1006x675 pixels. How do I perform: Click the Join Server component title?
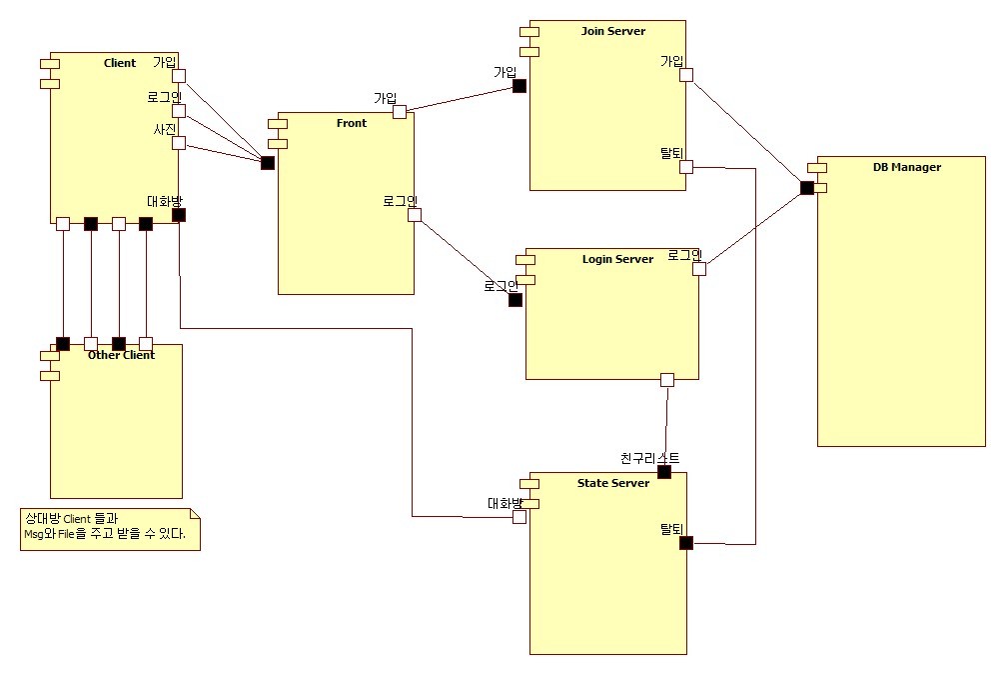[612, 31]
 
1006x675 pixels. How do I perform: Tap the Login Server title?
[617, 259]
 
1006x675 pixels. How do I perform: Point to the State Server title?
[613, 483]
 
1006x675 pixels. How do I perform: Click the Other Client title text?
[121, 355]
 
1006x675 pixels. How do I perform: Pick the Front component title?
[352, 123]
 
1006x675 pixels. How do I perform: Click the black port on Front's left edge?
[268, 163]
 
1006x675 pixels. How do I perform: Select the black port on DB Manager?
[807, 188]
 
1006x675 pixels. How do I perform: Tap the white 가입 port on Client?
[179, 75]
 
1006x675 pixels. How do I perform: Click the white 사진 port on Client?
[179, 143]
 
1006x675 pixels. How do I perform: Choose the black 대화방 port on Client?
[179, 214]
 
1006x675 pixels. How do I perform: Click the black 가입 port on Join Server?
[519, 86]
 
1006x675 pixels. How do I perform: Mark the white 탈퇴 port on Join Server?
[686, 167]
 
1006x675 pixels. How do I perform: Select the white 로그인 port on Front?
[415, 214]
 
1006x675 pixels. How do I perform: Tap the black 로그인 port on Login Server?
[515, 300]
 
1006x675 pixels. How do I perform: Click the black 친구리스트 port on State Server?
[664, 472]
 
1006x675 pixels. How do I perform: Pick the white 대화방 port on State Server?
[519, 517]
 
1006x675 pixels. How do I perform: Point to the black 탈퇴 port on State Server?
[686, 543]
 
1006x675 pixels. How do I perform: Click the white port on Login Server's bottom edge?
[667, 380]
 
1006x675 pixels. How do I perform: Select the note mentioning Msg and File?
[110, 529]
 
